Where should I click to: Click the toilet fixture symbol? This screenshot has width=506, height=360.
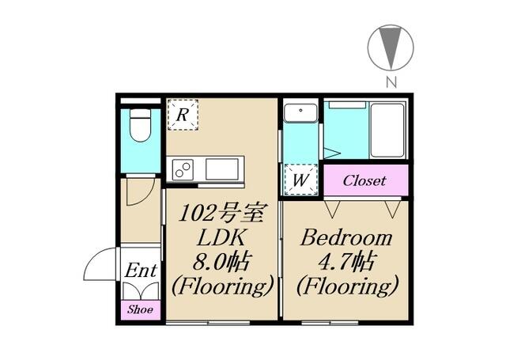click(x=141, y=125)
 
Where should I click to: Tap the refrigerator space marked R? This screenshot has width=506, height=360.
click(x=183, y=115)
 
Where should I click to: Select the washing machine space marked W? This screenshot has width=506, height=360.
click(x=300, y=180)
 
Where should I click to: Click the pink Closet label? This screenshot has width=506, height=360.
click(x=364, y=181)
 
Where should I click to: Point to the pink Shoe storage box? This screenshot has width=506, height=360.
click(x=141, y=310)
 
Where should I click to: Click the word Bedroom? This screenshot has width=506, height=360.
click(x=346, y=238)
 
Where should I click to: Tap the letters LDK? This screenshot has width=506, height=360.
click(x=221, y=238)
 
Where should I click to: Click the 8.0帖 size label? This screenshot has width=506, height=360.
click(x=221, y=262)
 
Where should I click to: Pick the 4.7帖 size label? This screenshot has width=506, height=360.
click(x=346, y=262)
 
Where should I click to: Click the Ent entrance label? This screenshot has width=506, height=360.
click(x=141, y=271)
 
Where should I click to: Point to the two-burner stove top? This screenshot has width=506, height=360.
click(x=183, y=169)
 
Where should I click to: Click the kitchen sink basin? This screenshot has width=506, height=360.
click(x=222, y=169)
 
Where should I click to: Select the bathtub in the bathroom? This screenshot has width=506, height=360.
click(x=387, y=130)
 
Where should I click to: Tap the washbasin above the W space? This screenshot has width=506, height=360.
click(x=300, y=112)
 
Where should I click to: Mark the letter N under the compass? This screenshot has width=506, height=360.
click(x=391, y=83)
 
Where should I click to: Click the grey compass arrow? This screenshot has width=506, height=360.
click(x=391, y=47)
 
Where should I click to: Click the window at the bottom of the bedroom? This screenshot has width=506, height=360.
click(x=330, y=323)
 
